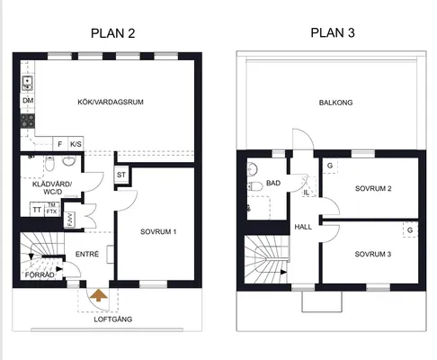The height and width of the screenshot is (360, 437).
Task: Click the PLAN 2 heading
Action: pos(113,33)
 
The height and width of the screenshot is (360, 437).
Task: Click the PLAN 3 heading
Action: pos(333,32)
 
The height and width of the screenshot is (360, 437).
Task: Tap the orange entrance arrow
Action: pos(99,295)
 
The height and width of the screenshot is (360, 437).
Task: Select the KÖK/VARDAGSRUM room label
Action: pos(111,102)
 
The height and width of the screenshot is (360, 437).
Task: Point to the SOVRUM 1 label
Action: pos(158,231)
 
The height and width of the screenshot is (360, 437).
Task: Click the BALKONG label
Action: pos(335,103)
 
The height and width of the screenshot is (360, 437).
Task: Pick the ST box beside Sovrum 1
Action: pos(121,175)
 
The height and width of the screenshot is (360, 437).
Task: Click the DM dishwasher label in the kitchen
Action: pos(28,100)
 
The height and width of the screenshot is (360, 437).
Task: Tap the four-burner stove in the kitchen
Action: pos(28,121)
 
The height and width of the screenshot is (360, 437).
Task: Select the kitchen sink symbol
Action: pos(28,84)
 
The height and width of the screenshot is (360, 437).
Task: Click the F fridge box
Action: pos(60,144)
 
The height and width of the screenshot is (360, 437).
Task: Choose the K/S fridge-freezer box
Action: pos(76,144)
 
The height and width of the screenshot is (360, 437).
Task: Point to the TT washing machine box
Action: pos(37,210)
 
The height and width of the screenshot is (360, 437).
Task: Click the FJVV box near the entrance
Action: pos(70,220)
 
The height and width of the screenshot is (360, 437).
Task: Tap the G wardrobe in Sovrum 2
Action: pos(330,166)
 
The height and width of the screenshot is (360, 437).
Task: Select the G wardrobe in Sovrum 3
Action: pos(410,229)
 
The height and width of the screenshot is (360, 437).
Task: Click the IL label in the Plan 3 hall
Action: pos(306,193)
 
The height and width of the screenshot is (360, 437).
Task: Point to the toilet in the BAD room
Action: pos(255,186)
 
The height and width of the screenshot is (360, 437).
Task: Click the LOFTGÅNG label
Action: pos(113,319)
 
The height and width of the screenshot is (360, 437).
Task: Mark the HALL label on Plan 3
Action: pos(303,227)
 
